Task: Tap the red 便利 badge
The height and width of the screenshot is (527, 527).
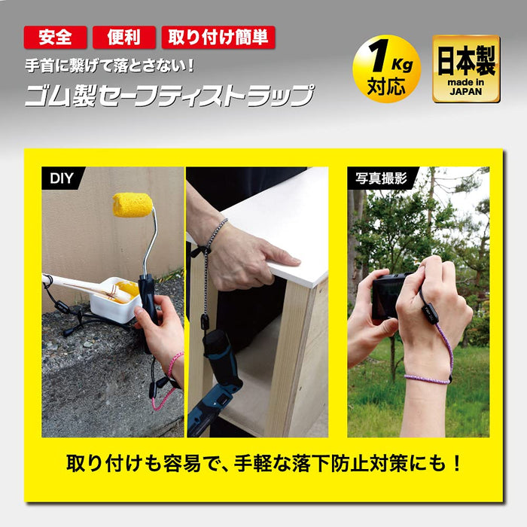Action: click(123, 37)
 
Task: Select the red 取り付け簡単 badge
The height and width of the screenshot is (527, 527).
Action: click(218, 37)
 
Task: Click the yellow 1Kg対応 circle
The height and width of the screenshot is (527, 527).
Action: click(386, 69)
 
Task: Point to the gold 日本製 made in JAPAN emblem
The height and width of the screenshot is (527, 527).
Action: click(465, 69)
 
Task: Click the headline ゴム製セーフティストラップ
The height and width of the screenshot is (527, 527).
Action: click(169, 96)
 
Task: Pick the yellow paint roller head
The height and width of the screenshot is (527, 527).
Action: click(133, 204)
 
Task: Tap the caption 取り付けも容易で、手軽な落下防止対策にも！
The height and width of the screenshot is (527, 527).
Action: click(263, 461)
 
